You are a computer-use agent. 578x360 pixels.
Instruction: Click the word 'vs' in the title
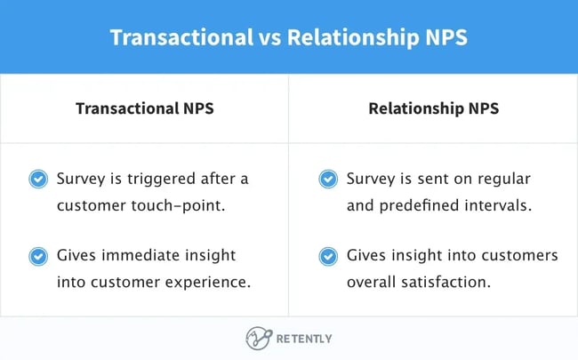point(267,37)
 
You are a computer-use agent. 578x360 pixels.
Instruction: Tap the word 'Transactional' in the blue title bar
point(180,37)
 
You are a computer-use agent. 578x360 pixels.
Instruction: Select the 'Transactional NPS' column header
point(145,108)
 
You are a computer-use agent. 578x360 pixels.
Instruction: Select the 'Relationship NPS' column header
point(433,108)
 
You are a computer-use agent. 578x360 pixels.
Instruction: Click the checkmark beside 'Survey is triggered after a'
point(38,179)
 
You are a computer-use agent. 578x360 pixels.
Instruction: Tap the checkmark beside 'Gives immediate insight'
point(38,256)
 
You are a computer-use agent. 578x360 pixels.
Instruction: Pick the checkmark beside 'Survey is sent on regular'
point(327,179)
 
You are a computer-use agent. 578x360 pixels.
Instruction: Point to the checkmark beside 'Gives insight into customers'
point(327,256)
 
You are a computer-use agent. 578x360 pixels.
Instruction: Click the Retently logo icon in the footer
point(257,339)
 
